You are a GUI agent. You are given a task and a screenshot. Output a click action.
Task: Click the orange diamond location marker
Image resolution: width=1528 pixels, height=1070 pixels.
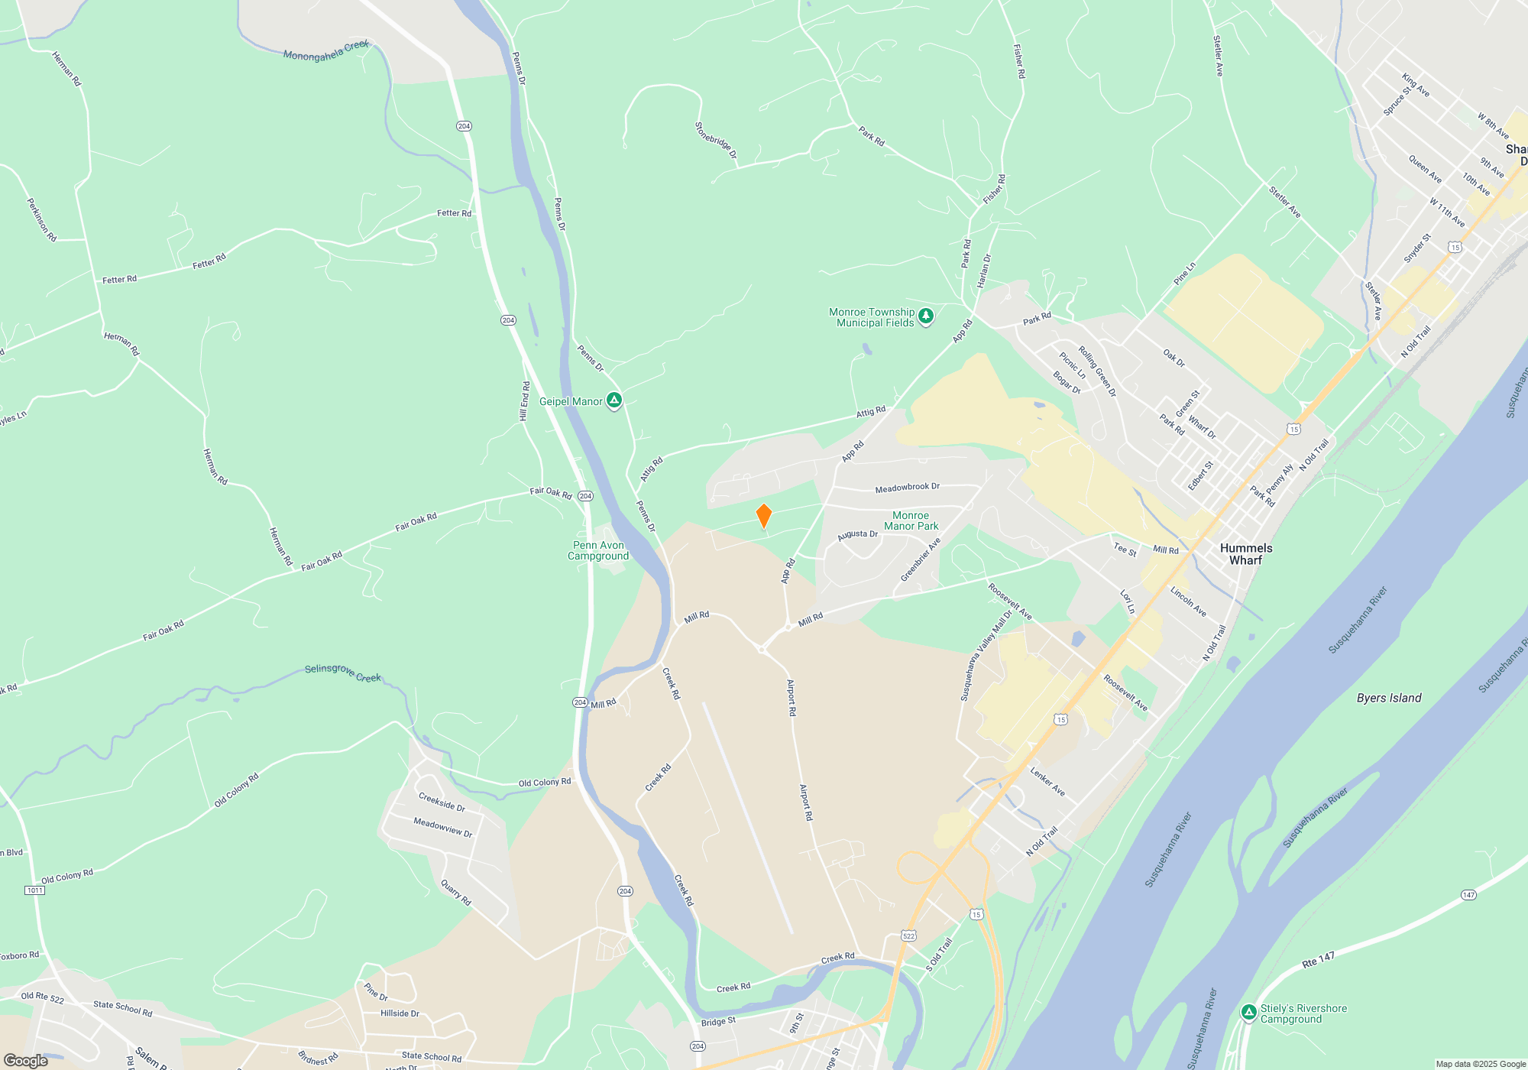tap(763, 516)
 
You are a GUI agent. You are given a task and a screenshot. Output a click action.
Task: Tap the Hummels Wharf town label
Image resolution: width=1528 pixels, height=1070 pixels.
tap(1246, 554)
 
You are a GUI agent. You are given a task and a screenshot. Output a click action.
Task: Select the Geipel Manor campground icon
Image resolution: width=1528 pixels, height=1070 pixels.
tap(614, 400)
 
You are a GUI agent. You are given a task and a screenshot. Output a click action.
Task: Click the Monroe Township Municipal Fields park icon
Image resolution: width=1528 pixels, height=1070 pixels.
tap(926, 316)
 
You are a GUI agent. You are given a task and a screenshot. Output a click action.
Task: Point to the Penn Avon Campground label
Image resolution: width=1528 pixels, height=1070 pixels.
tap(598, 550)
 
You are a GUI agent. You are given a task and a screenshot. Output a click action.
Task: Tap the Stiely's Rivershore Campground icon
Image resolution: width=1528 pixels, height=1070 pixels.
tap(1249, 1013)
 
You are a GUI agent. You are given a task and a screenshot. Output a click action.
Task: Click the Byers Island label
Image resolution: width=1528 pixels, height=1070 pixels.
tap(1389, 698)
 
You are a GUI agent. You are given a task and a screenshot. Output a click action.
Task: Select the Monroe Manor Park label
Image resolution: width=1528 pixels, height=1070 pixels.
tap(911, 520)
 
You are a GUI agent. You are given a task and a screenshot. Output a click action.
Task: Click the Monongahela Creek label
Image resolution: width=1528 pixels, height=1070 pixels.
tap(326, 51)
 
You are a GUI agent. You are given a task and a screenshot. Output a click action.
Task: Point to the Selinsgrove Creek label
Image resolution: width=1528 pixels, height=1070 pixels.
tap(342, 673)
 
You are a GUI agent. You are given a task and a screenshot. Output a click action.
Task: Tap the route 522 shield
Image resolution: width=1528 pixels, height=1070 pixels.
tap(908, 935)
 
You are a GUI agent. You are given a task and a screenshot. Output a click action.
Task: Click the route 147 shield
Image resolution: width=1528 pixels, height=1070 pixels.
tap(1468, 895)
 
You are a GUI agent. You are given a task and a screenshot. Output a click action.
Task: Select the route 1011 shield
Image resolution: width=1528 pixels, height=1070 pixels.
tap(34, 890)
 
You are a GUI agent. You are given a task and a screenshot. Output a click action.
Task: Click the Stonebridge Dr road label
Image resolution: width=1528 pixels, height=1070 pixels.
tap(716, 141)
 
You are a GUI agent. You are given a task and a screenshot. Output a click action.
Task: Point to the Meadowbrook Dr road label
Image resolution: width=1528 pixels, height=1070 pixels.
tap(907, 488)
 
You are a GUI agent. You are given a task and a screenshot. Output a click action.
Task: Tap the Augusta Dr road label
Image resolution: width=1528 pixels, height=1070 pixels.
tap(857, 535)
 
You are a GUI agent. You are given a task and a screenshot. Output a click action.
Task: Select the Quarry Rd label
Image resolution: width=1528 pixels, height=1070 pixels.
tap(456, 893)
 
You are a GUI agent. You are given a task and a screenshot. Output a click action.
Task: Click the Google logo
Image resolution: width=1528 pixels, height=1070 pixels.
tap(26, 1061)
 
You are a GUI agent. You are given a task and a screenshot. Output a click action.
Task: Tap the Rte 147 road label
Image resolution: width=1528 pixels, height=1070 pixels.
tap(1318, 960)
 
